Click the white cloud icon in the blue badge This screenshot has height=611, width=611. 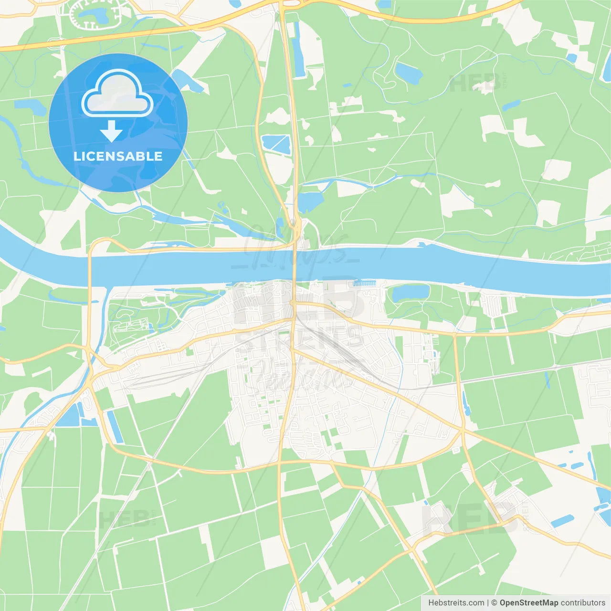pyautogui.click(x=117, y=93)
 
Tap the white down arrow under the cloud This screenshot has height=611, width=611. pyautogui.click(x=111, y=131)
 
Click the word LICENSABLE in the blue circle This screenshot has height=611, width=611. pyautogui.click(x=118, y=156)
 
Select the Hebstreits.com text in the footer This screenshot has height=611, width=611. pyautogui.click(x=456, y=603)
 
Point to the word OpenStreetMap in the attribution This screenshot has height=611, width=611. pyautogui.click(x=528, y=603)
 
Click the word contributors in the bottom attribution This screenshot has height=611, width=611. pyautogui.click(x=583, y=603)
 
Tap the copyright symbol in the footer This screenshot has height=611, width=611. pyautogui.click(x=494, y=603)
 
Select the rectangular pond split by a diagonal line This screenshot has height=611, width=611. pyautogui.click(x=276, y=144)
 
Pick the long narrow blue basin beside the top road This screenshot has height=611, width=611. pyautogui.click(x=298, y=50)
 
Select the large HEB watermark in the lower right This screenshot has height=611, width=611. pyautogui.click(x=470, y=518)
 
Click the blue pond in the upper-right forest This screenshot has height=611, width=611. pyautogui.click(x=410, y=73)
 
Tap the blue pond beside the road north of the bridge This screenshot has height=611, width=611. pyautogui.click(x=310, y=201)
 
